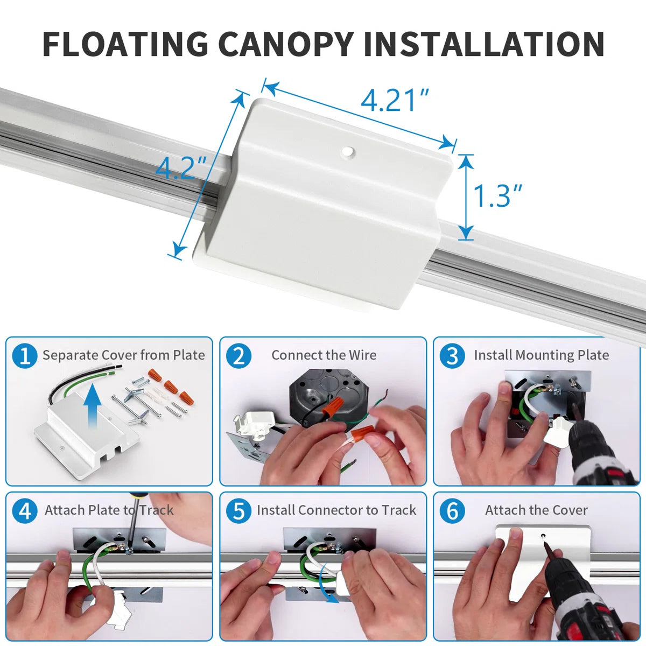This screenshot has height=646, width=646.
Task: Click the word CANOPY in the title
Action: click(286, 44)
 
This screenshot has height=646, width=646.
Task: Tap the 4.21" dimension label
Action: click(395, 100)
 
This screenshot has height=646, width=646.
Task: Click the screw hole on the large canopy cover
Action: click(348, 151)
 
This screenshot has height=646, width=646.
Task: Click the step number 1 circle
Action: click(25, 356)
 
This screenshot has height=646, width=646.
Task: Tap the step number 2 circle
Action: click(238, 356)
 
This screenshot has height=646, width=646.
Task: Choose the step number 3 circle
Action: click(452, 356)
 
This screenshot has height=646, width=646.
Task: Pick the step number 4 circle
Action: click(25, 511)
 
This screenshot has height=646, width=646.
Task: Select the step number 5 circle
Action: click(238, 511)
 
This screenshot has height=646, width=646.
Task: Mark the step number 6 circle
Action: click(452, 511)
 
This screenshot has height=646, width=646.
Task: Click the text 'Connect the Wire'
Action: click(324, 355)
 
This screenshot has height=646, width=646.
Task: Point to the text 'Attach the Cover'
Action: click(536, 510)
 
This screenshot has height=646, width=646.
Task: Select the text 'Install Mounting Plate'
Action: click(542, 355)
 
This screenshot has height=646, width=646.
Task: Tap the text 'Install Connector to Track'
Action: click(336, 510)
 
